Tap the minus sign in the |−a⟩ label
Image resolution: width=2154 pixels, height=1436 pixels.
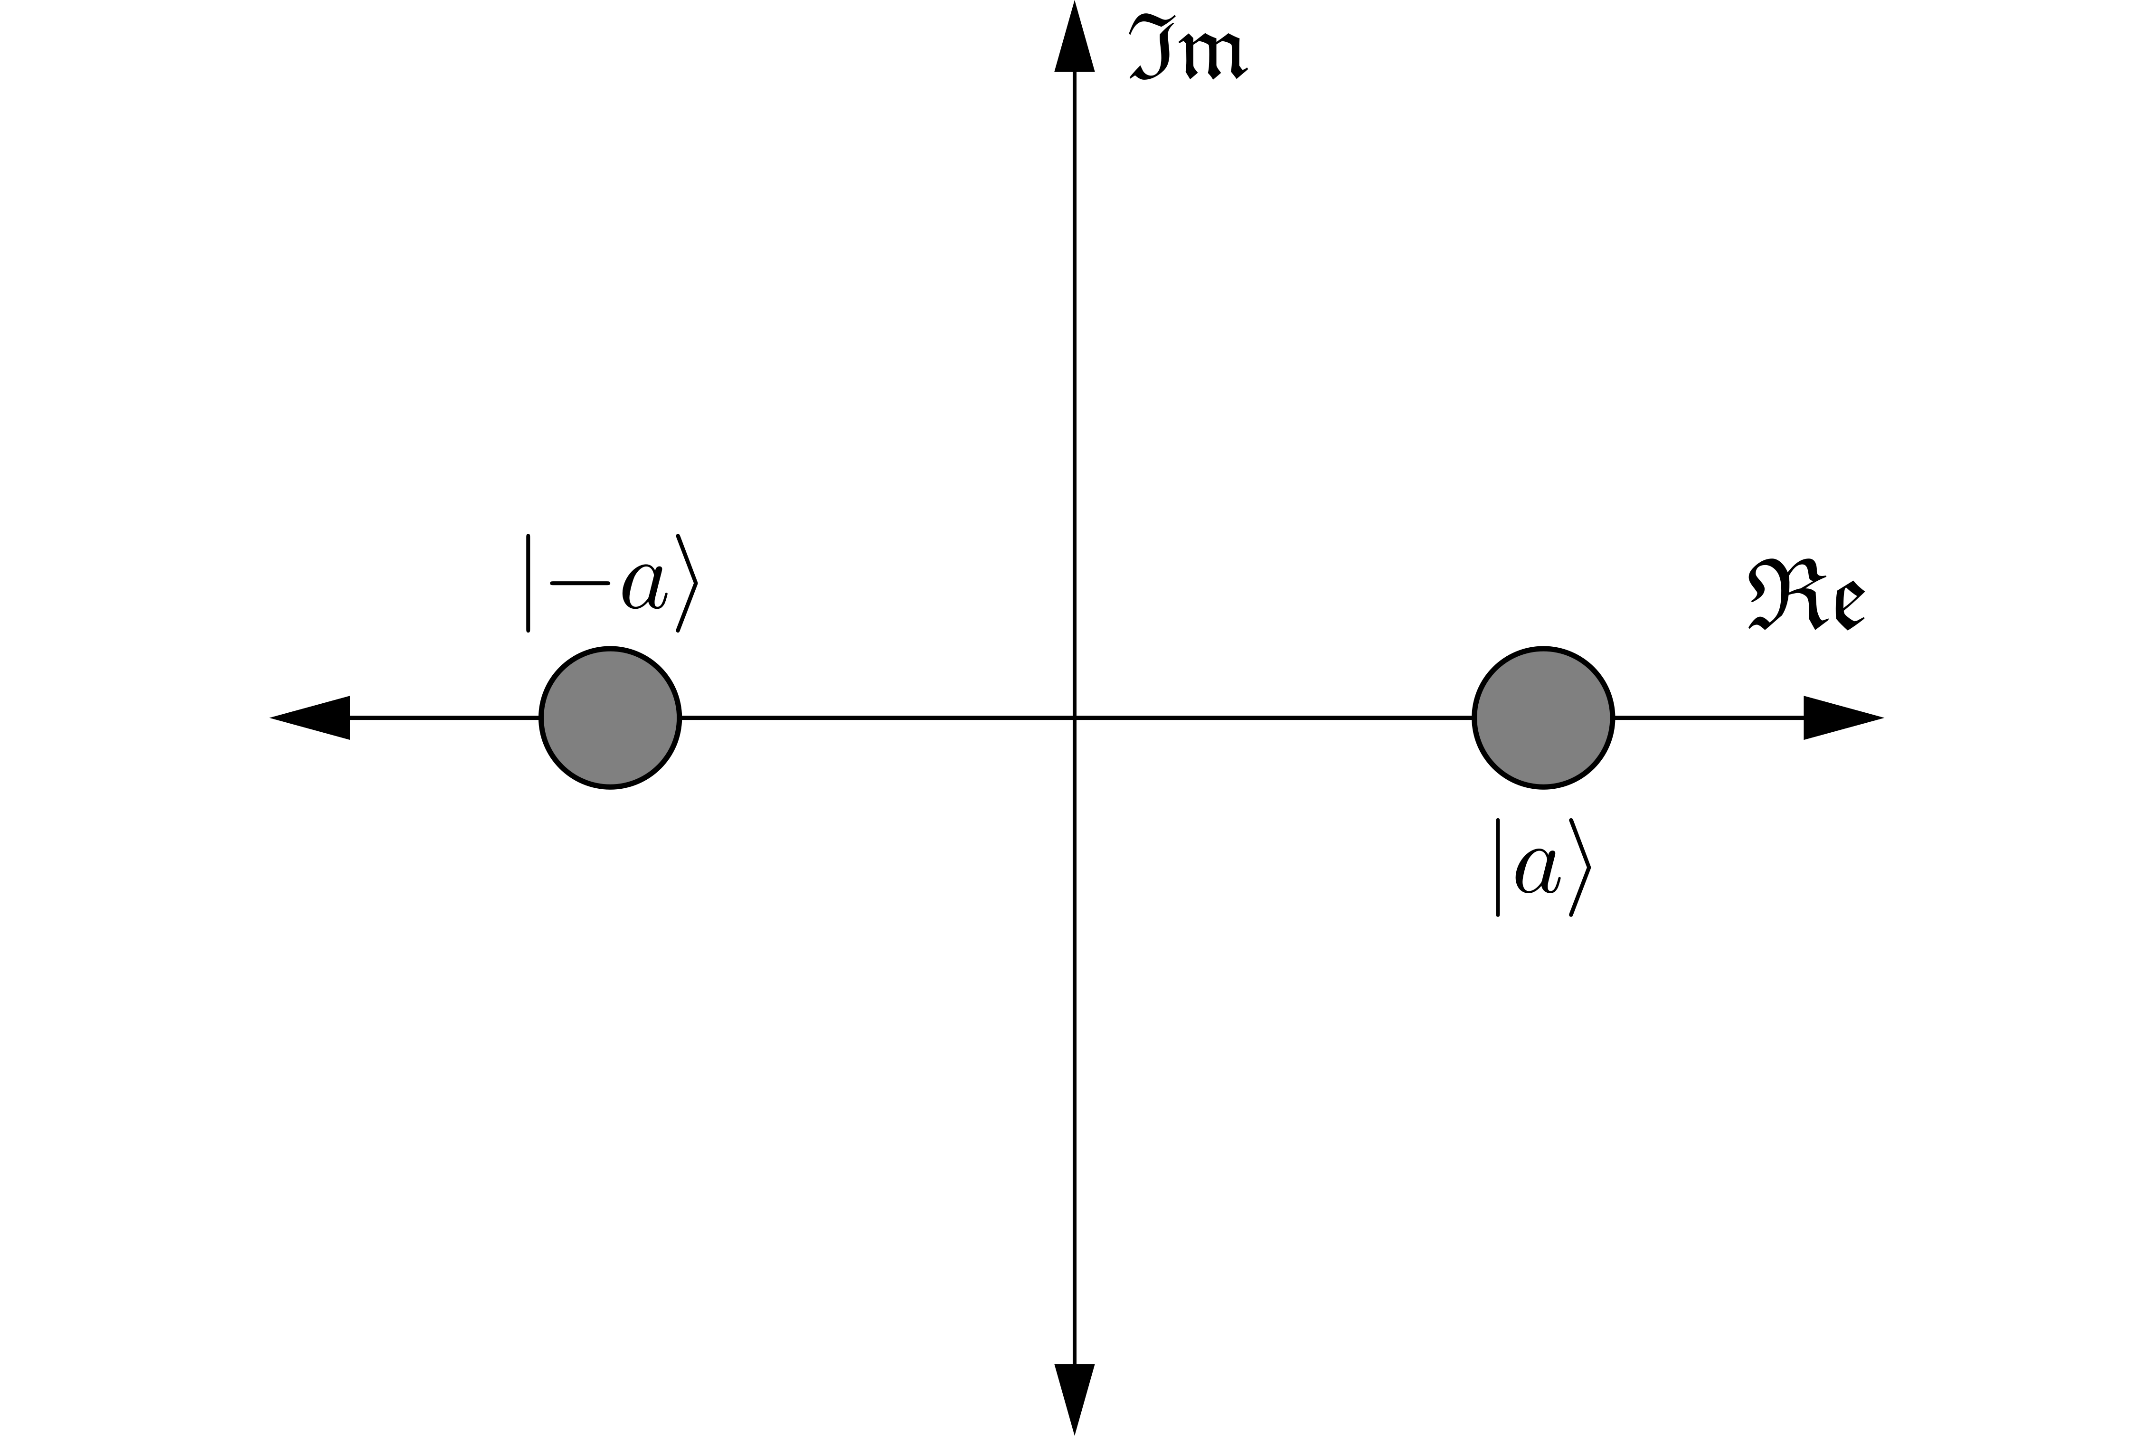580,583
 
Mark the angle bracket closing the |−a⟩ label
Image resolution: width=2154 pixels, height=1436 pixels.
687,583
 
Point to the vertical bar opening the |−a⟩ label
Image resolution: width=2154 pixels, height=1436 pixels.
529,583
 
